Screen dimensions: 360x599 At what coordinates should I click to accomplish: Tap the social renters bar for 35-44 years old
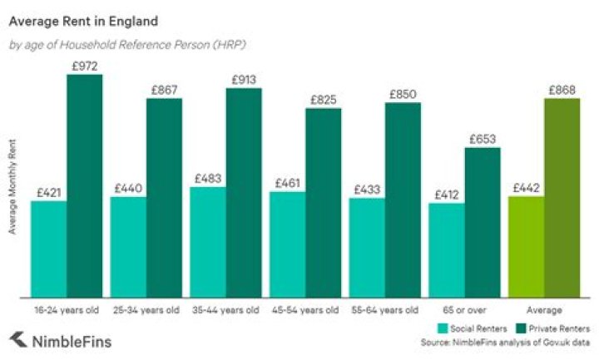tap(207, 241)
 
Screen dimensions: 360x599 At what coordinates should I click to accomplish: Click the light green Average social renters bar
tap(526, 246)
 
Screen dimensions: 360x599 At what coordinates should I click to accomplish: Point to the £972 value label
tap(84, 65)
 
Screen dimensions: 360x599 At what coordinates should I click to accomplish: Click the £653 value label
tap(483, 139)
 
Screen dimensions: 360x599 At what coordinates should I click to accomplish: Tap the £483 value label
tap(208, 178)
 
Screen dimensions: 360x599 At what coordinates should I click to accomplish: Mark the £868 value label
tap(562, 89)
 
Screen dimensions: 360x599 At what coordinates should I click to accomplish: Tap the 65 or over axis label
tap(464, 310)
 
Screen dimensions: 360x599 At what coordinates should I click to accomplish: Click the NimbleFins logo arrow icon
tap(17, 340)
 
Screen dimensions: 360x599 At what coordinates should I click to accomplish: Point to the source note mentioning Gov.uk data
tap(505, 342)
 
